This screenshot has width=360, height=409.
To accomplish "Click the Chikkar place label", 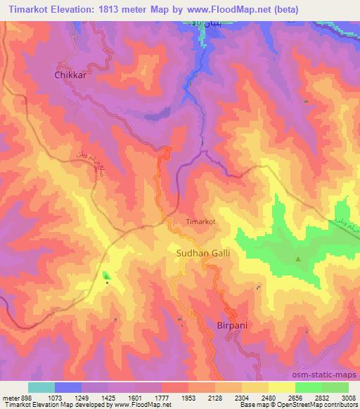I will point(70,75).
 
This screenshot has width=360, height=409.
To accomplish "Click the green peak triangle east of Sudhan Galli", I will point(298,259).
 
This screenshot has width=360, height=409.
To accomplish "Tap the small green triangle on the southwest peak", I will point(106,275).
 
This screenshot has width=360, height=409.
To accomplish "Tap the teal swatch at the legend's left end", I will point(41,387).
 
